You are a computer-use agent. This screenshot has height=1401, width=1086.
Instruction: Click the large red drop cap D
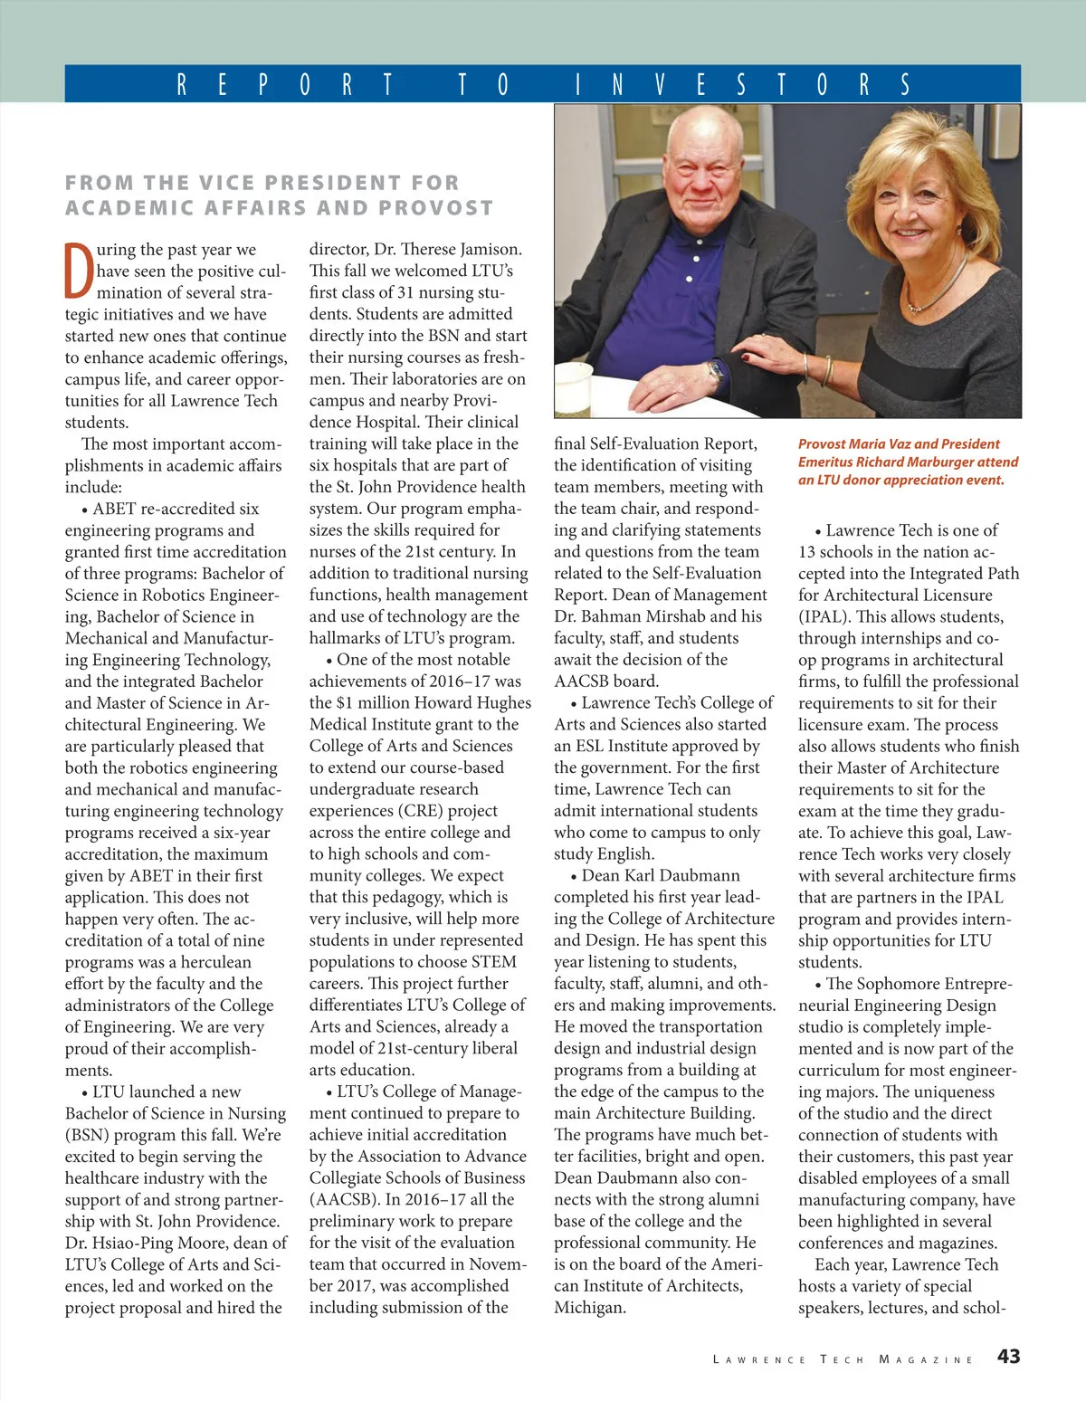[x=79, y=270]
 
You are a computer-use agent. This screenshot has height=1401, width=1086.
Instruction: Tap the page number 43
[x=1008, y=1356]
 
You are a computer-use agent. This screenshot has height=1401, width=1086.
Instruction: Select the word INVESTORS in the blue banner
[x=742, y=85]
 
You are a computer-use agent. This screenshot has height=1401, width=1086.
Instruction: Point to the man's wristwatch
[x=716, y=371]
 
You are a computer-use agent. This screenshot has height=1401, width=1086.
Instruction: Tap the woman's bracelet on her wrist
[x=826, y=371]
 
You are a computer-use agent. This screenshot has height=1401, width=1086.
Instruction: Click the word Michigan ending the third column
[x=589, y=1308]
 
